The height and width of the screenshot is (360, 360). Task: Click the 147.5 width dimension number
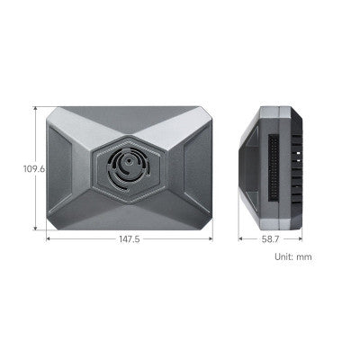click(129, 239)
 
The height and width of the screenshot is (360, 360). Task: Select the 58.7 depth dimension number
click(270, 239)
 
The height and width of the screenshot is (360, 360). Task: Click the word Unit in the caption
click(284, 257)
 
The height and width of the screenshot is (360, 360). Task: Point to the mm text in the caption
click(305, 257)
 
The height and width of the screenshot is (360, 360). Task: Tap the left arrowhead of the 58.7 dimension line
click(240, 239)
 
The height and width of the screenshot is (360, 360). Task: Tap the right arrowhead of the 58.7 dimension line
click(301, 239)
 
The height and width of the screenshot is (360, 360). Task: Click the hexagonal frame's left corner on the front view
click(93, 167)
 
